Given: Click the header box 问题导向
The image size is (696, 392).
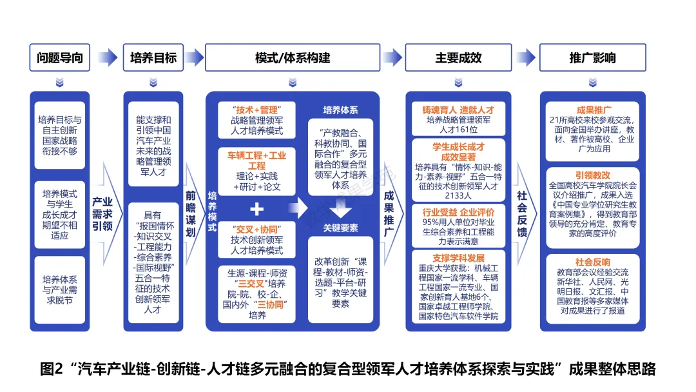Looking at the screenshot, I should [x=61, y=57].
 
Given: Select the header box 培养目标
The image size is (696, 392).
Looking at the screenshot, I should [x=153, y=57].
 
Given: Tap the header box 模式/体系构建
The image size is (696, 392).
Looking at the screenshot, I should [x=293, y=57].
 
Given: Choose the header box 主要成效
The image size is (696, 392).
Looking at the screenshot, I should [x=458, y=57].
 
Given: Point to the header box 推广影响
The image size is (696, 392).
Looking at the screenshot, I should [x=592, y=57].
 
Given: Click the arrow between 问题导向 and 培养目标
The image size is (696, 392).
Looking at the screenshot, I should [x=108, y=57].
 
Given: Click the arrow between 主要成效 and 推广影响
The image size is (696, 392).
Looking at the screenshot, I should [x=526, y=57].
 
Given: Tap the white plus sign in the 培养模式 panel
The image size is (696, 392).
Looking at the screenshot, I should [x=256, y=209].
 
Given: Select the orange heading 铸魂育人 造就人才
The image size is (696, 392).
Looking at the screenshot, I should [x=458, y=110].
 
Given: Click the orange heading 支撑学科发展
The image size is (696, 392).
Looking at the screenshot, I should [x=458, y=257].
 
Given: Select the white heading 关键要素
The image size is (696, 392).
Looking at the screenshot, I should [x=341, y=228].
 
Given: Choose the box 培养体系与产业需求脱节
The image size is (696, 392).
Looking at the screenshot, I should [x=61, y=289].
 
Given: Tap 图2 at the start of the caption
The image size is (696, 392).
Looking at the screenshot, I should [x=51, y=369].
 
